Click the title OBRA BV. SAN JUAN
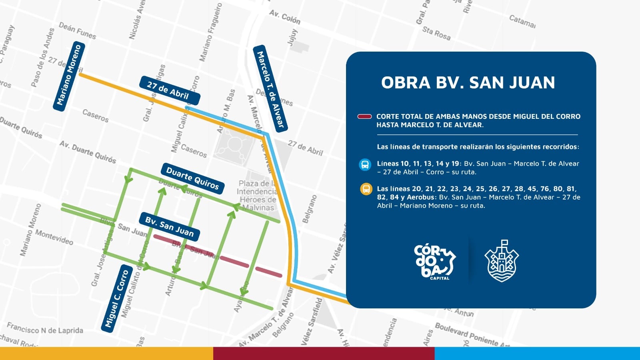pyautogui.click(x=468, y=83)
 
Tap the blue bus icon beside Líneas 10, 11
pyautogui.click(x=365, y=164)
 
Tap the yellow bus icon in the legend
pyautogui.click(x=366, y=189)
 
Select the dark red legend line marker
pyautogui.click(x=364, y=117)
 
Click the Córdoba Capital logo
pyautogui.click(x=434, y=262)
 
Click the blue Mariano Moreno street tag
pyautogui.click(x=68, y=76)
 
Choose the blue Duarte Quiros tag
pyautogui.click(x=192, y=178)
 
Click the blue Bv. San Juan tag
pyautogui.click(x=169, y=226)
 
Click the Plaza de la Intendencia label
pyautogui.click(x=256, y=195)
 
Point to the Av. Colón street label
pyautogui.click(x=284, y=17)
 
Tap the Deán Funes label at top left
pyautogui.click(x=77, y=30)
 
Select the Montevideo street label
pyautogui.click(x=54, y=237)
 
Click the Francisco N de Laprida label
pyautogui.click(x=45, y=329)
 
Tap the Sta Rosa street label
pyautogui.click(x=436, y=33)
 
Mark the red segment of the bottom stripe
pyautogui.click(x=324, y=354)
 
